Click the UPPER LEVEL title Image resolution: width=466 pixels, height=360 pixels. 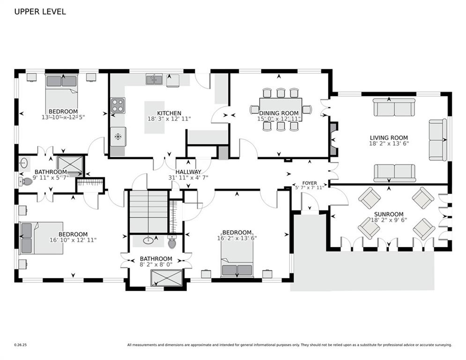click(40, 12)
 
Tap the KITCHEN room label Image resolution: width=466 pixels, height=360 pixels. click(169, 113)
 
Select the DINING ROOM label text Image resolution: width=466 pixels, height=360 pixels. click(279, 113)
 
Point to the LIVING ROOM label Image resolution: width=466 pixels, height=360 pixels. click(389, 138)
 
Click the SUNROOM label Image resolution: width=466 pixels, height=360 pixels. click(389, 214)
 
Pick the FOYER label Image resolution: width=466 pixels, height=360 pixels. click(310, 183)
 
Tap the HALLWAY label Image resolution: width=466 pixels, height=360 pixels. click(188, 172)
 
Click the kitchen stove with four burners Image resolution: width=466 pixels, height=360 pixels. click(118, 105)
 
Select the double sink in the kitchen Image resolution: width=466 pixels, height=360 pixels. click(154, 80)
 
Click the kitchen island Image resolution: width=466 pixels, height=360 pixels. click(155, 117)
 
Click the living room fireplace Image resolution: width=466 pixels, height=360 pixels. click(333, 139)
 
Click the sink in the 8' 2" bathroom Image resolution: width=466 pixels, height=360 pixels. click(148, 240)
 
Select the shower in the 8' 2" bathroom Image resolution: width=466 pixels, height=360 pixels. click(166, 278)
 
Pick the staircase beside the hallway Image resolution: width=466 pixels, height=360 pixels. click(148, 211)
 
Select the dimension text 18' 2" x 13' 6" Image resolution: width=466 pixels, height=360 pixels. click(389, 143)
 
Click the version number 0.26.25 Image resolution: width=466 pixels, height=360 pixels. click(21, 345)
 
